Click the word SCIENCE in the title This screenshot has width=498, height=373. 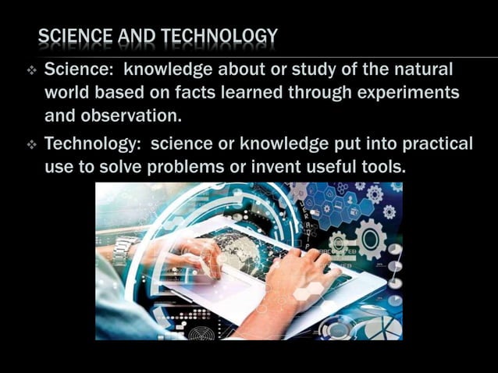tap(74, 36)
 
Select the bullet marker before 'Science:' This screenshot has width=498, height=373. tap(32, 70)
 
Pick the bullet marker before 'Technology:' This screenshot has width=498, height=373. tap(32, 145)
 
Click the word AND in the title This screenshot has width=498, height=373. tap(137, 36)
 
